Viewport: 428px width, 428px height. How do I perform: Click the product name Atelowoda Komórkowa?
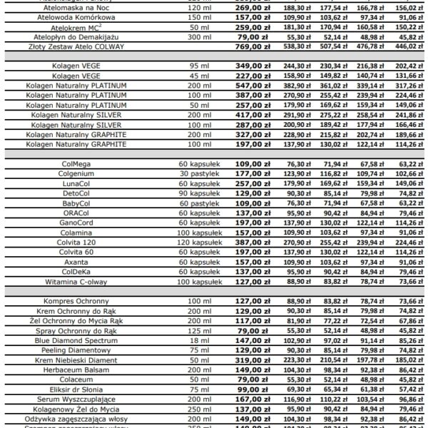[x=76, y=16]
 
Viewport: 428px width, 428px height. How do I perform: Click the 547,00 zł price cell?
[x=243, y=85]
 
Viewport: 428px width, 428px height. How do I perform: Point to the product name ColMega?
[x=76, y=163]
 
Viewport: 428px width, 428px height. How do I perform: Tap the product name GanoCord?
[x=76, y=223]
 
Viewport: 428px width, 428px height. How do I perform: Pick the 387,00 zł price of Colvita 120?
[x=243, y=242]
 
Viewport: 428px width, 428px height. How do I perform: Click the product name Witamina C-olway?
[x=76, y=281]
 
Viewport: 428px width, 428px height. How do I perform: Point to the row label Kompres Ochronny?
[x=76, y=301]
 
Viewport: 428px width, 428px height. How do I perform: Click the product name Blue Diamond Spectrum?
[x=76, y=341]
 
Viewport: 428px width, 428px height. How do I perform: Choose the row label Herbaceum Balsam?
[x=76, y=370]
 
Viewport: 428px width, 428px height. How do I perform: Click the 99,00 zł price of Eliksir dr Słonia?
[x=243, y=390]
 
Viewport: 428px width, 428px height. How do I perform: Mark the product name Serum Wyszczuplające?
[x=76, y=400]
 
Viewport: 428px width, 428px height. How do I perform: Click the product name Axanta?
[x=76, y=262]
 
